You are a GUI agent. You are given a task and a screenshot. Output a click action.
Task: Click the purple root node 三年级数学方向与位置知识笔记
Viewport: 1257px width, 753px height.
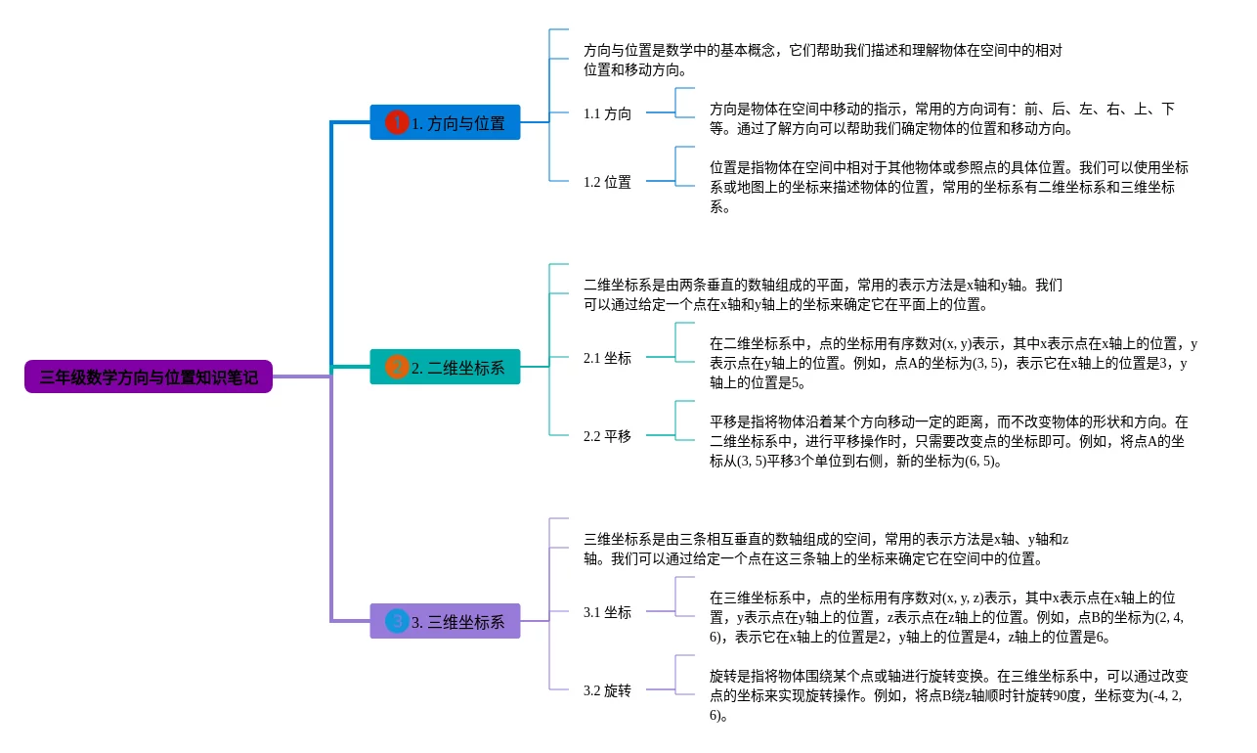[149, 376]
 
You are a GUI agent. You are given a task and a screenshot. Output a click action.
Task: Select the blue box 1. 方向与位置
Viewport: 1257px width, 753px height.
[445, 122]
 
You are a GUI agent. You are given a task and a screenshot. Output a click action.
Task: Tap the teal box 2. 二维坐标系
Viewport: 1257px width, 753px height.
[445, 367]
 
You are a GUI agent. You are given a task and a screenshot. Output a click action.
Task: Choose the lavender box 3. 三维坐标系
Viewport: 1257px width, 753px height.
[445, 621]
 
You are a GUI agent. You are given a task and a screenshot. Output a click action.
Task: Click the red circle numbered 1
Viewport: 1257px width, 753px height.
[397, 122]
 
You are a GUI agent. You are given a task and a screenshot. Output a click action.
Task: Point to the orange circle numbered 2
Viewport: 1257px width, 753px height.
[397, 367]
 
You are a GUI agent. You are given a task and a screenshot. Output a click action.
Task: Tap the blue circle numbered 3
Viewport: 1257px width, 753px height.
[397, 621]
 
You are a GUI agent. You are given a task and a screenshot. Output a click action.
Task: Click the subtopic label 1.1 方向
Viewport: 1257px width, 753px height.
[607, 113]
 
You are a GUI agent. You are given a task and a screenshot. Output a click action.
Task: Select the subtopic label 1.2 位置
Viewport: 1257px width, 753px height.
[607, 182]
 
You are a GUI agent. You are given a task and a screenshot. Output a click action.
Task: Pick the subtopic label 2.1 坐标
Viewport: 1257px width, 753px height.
[607, 358]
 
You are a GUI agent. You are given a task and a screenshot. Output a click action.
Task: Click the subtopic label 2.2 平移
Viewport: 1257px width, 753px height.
[607, 436]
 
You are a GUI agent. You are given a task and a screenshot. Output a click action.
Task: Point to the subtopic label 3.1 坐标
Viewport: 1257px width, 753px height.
[607, 612]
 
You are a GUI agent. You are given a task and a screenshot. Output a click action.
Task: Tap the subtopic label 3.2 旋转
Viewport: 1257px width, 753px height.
[607, 690]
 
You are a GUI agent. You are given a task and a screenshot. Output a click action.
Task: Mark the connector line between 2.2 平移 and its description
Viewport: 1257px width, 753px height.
[661, 435]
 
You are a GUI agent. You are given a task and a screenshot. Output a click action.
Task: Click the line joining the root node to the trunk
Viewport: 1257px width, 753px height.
[301, 376]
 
